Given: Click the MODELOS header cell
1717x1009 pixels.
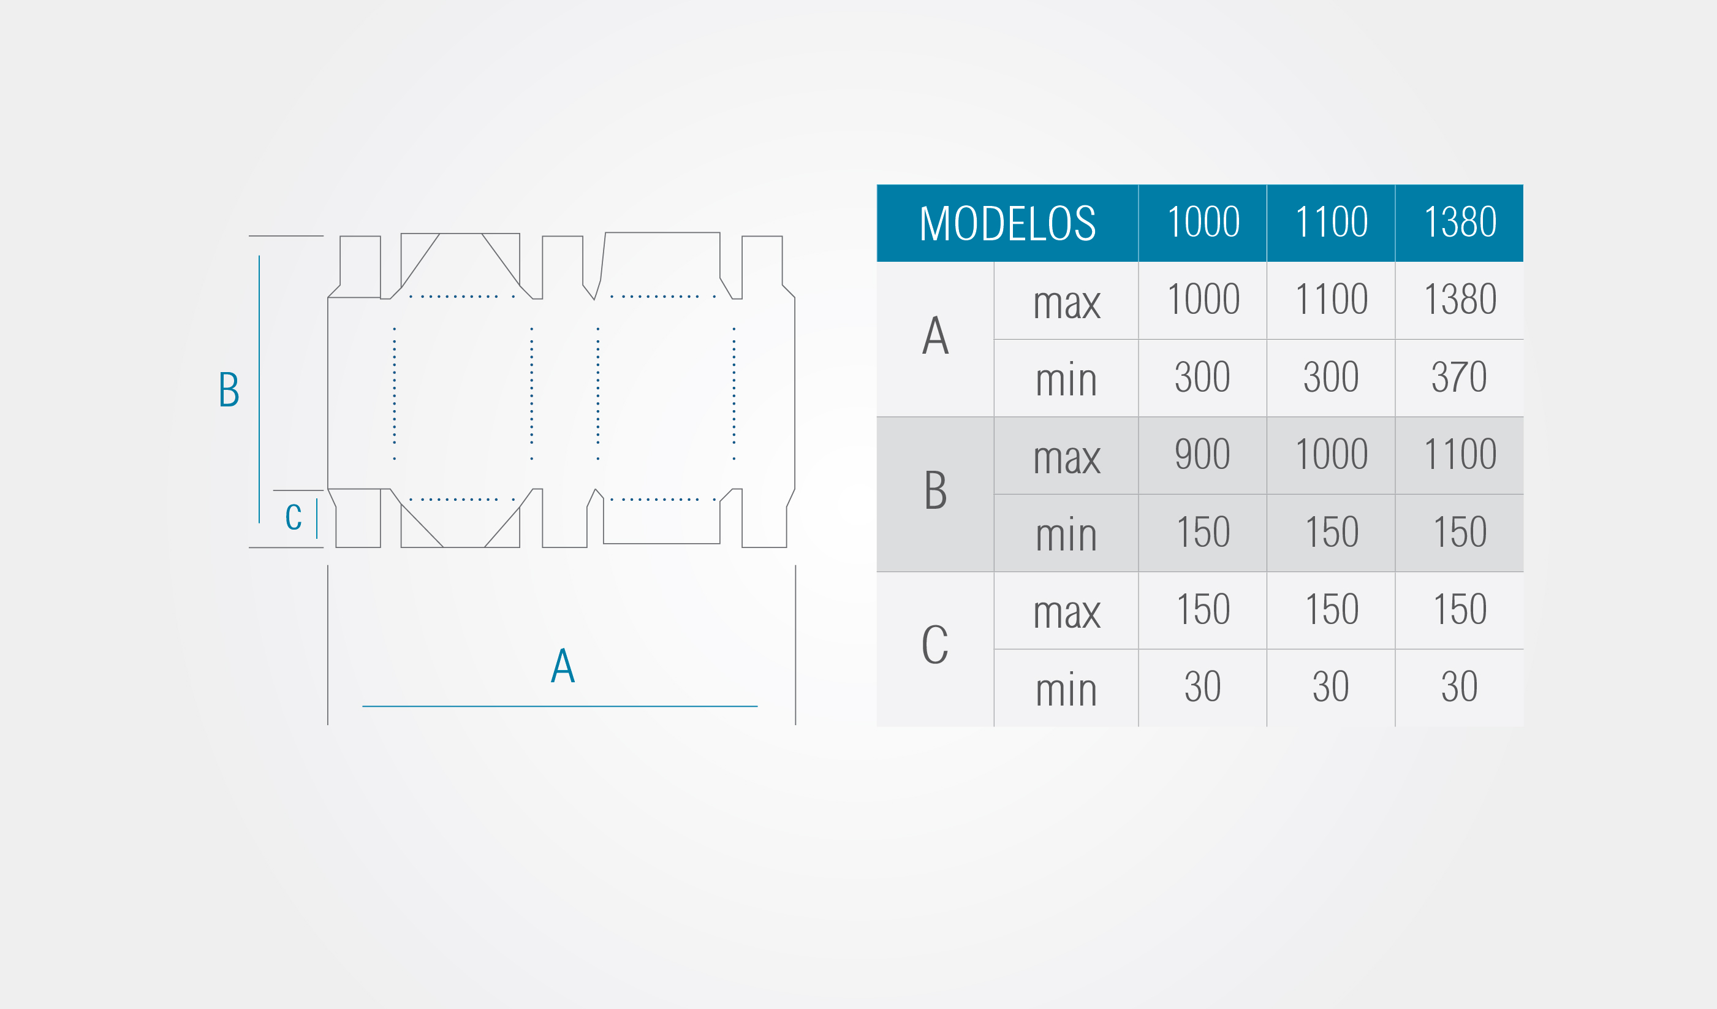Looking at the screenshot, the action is point(1007,223).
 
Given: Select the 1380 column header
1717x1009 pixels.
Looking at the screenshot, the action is point(1460,223).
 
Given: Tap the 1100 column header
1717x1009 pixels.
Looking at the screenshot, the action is point(1332,223).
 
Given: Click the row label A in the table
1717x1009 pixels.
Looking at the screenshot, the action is point(936,335).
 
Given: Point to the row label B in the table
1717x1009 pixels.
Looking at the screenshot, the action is point(936,490).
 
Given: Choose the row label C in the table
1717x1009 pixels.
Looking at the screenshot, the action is point(935,644).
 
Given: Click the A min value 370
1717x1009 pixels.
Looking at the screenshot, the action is point(1459,377).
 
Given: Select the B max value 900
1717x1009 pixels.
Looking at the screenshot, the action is point(1203,454).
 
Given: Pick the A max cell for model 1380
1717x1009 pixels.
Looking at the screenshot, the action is point(1460,300).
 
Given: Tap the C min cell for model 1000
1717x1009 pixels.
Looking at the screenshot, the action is point(1203,688).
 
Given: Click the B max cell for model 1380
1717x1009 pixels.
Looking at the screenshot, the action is point(1460,455).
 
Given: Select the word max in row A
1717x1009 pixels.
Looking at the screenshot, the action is point(1067,304).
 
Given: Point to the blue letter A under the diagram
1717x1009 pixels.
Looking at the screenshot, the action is point(563,665).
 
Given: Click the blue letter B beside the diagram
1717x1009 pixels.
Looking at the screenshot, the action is point(229,389).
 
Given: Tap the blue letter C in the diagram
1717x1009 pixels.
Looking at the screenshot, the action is point(293,517).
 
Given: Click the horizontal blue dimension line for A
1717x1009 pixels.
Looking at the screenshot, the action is point(560,706).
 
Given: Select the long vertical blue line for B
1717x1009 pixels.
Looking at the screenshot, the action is point(259,389).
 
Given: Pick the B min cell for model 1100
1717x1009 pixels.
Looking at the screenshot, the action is point(1332,533).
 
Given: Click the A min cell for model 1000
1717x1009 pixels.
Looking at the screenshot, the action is point(1203,378).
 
